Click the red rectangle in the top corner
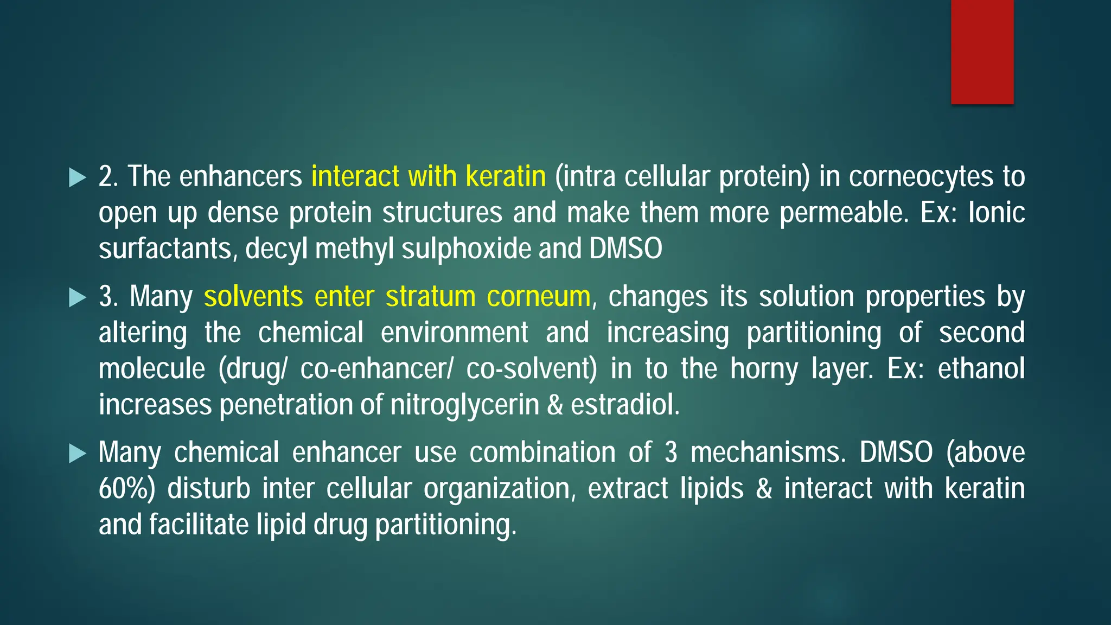coord(982,52)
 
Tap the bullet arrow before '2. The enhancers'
coord(78,177)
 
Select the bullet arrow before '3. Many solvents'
coord(78,297)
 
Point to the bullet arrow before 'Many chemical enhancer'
coord(78,453)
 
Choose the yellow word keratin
coord(506,176)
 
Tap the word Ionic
coord(997,212)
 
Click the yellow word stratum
coord(430,297)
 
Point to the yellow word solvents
coord(253,297)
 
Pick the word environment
coord(454,333)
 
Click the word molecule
coord(152,369)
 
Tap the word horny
coord(764,369)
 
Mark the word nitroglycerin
coord(465,405)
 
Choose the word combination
coord(542,452)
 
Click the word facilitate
coord(199,525)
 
